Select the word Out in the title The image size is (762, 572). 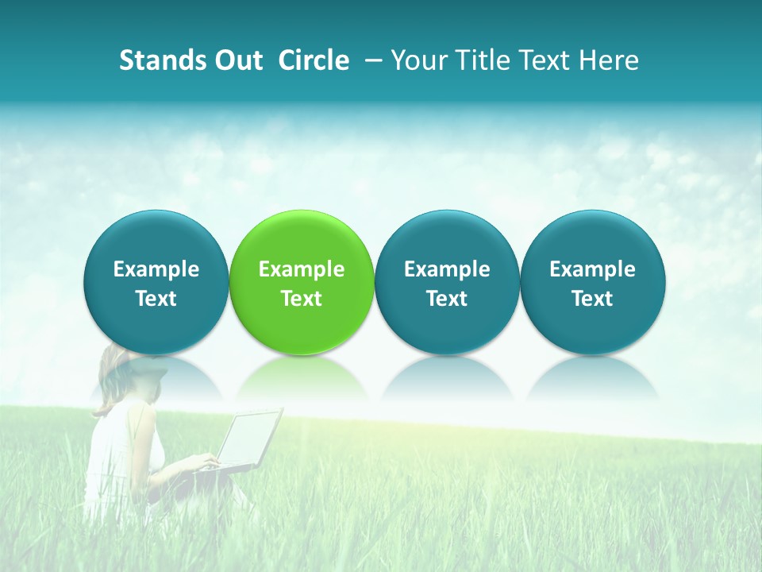click(x=236, y=60)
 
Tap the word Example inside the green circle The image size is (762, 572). click(x=302, y=269)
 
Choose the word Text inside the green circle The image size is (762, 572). click(x=302, y=299)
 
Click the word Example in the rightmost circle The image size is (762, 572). click(x=593, y=269)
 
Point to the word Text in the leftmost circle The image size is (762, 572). click(x=156, y=299)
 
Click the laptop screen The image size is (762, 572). click(x=250, y=439)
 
